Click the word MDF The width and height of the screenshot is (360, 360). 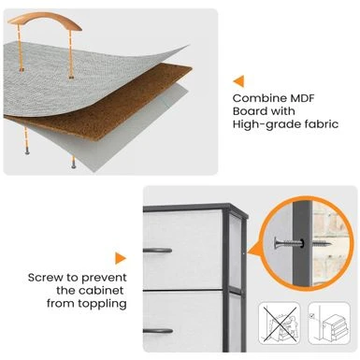pos(302,98)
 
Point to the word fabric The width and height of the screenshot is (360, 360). pos(322,123)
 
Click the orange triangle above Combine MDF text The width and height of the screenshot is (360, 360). pos(238,81)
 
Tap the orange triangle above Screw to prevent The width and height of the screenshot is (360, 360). pos(121,258)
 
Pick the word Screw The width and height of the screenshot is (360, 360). pos(46,278)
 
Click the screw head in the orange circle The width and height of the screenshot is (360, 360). pos(277,242)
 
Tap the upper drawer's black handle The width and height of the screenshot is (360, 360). pos(157,250)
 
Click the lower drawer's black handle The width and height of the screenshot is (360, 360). pos(158,331)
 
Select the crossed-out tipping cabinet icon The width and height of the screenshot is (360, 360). pos(279,323)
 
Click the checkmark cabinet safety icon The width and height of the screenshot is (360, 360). pos(329,323)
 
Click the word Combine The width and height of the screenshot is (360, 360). pos(260,98)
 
